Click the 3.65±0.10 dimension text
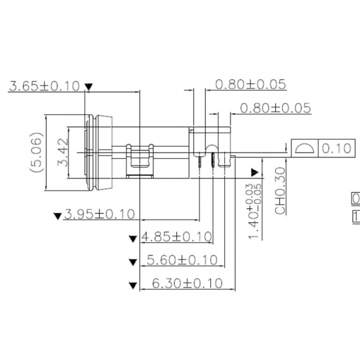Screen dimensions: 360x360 tap(44, 86)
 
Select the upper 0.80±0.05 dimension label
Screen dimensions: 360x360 tap(250, 84)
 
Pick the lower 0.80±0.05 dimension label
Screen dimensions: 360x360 tap(275, 108)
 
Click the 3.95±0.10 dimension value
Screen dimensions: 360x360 tap(99, 214)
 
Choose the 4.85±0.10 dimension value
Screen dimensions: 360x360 tap(177, 237)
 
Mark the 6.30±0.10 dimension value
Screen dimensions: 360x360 tap(186, 283)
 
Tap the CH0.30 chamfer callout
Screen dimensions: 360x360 tap(280, 191)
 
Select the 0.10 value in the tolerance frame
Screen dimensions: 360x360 tap(336, 148)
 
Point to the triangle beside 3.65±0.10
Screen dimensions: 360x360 tap(88, 87)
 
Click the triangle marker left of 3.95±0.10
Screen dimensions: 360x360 tap(57, 216)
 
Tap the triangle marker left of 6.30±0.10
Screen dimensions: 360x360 tap(134, 285)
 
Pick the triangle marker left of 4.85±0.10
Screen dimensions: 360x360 tap(134, 238)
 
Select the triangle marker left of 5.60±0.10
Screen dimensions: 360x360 tap(134, 261)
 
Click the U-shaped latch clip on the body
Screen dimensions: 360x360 tap(139, 160)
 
